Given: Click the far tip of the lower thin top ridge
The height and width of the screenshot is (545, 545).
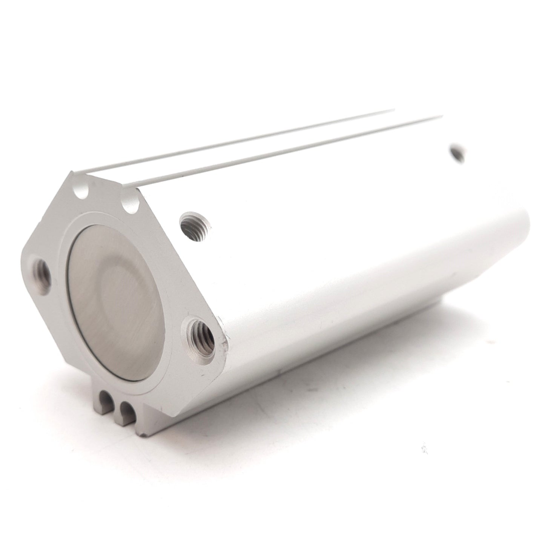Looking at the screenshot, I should point(442,115).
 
